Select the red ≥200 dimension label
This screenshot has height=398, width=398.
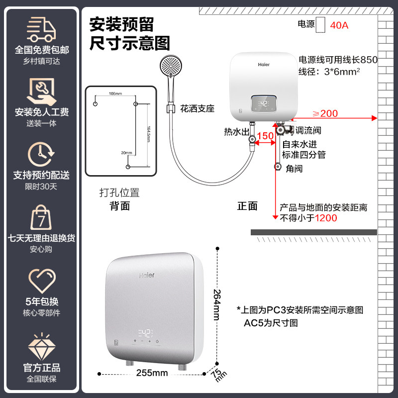pos(325,113)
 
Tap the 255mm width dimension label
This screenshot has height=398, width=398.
pos(152,373)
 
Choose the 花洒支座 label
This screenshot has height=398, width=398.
pos(197,108)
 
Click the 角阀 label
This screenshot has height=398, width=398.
pos(294,169)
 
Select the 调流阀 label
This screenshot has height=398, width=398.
pos(308,131)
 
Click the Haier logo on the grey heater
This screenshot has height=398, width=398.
pos(146,275)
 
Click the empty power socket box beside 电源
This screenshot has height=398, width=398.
pos(321,24)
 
